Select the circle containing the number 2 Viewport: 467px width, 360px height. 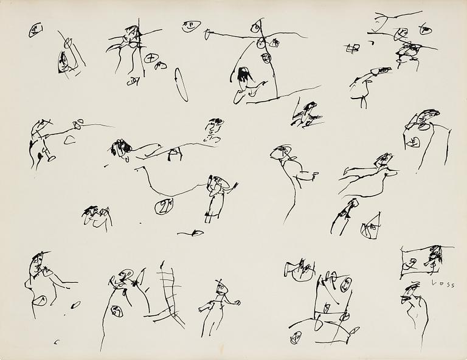(x=163, y=207)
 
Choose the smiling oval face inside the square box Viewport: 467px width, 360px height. (x=346, y=284)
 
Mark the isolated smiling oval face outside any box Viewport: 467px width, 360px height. (x=190, y=26)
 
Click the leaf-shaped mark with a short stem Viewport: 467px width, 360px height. (x=196, y=232)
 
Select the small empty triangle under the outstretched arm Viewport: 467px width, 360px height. (x=70, y=140)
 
